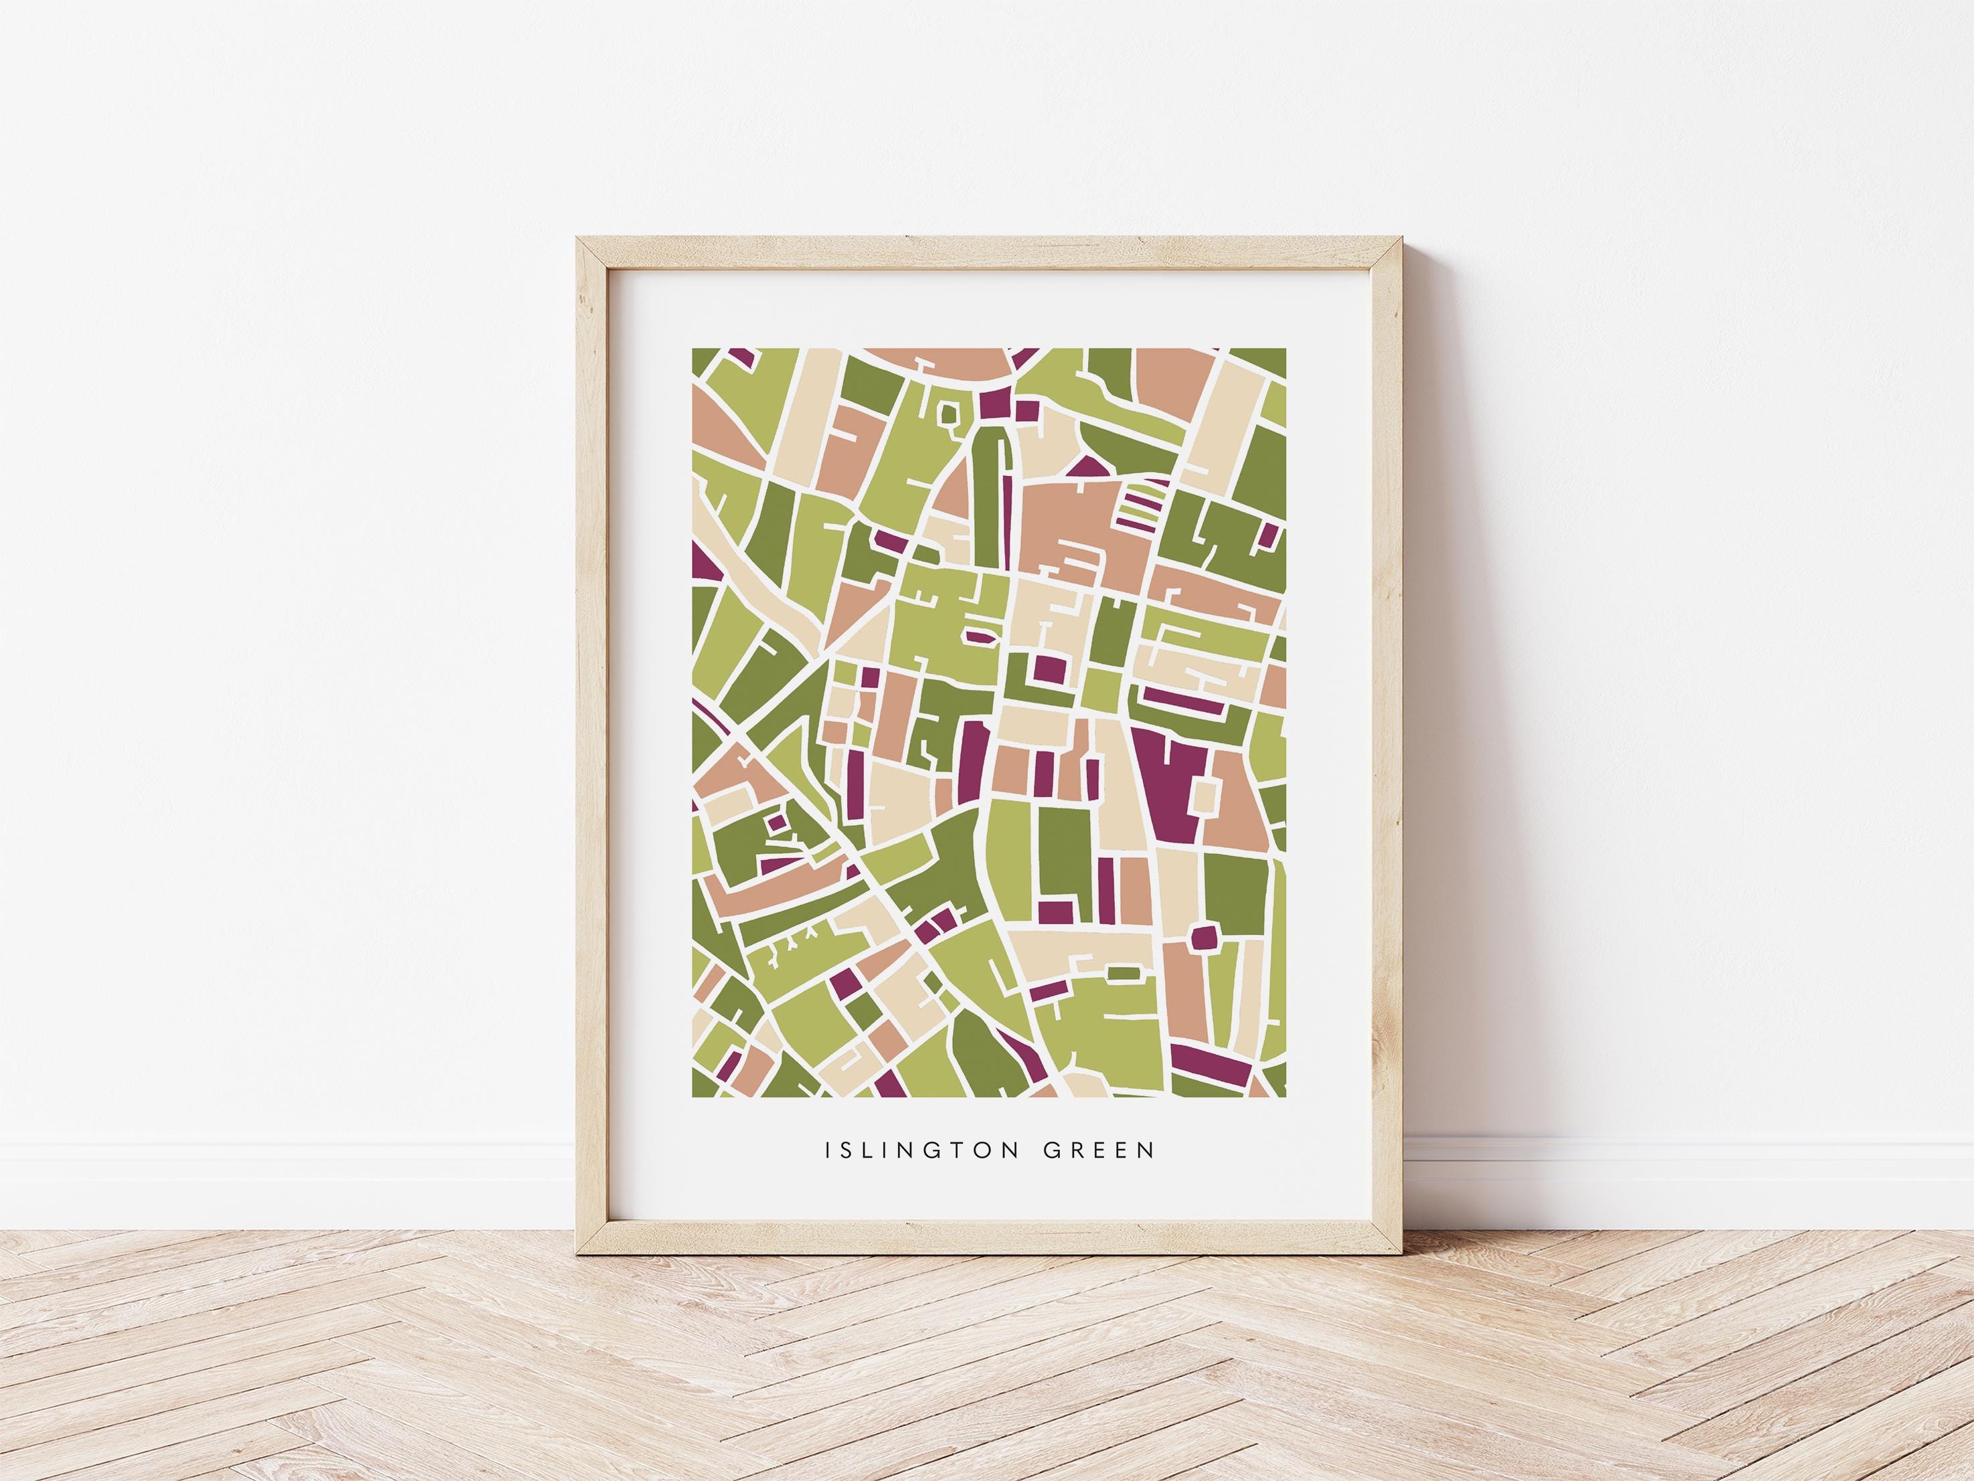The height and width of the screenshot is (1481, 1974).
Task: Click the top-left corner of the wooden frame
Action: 578,238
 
